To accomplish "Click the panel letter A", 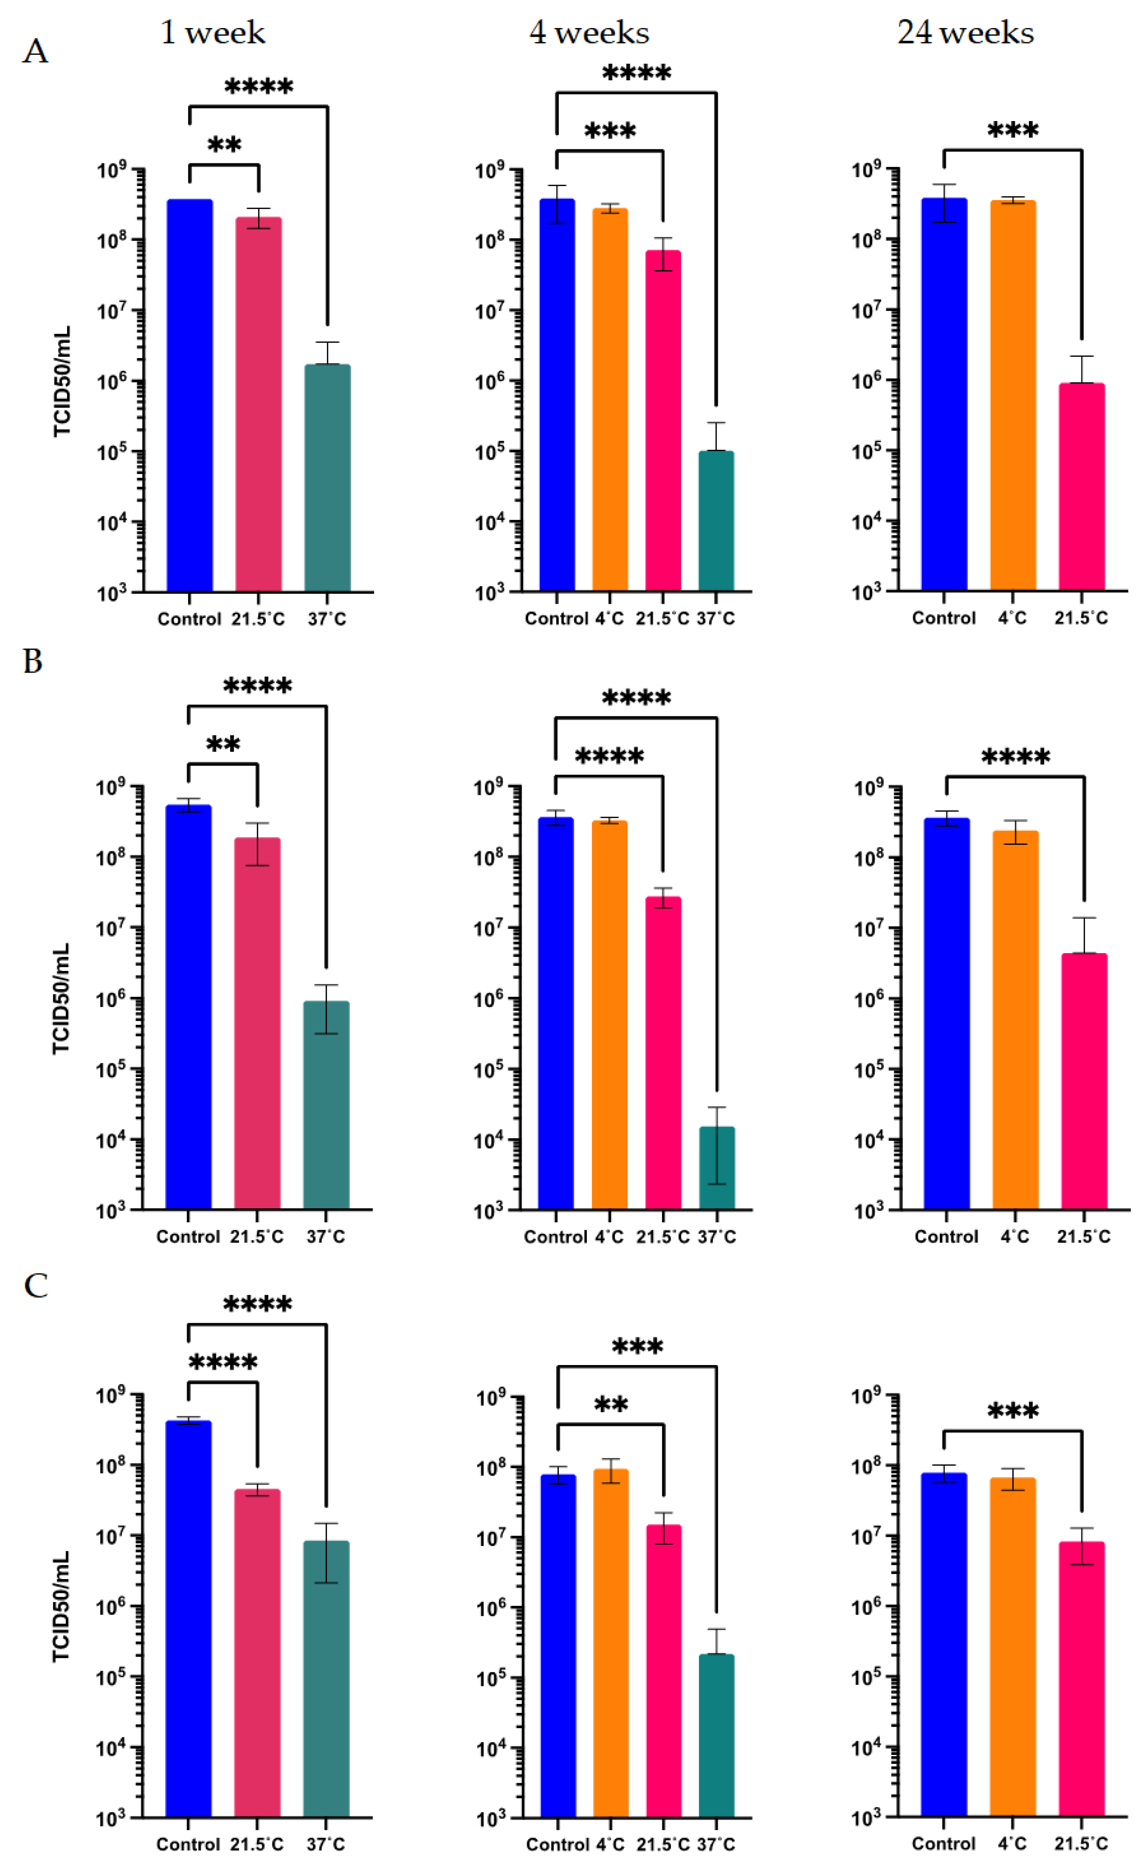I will click(x=35, y=51).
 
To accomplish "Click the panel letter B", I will click(x=32, y=661).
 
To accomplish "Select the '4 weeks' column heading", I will click(x=589, y=32).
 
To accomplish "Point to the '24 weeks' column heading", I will click(x=966, y=32).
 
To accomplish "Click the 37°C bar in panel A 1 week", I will click(x=327, y=477).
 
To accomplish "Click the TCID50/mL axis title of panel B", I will click(x=61, y=998).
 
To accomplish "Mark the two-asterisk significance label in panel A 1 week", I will click(x=224, y=144).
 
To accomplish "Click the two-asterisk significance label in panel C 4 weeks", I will click(x=610, y=1406).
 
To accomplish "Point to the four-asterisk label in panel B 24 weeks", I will click(x=1016, y=757).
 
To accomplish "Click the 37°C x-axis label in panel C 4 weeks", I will click(x=716, y=1844).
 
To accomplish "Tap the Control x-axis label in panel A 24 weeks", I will click(x=943, y=618).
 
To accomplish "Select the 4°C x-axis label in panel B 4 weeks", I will click(x=610, y=1237).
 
